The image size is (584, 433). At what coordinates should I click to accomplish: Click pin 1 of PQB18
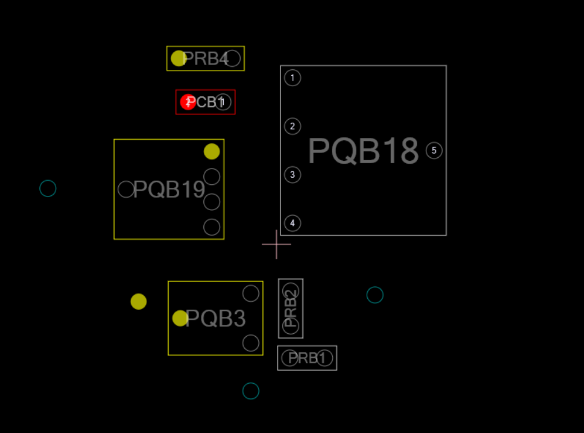292,78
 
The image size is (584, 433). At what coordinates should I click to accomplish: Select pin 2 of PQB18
292,126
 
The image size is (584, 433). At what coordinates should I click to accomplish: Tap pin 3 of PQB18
292,174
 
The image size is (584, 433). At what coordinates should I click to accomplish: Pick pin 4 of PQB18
292,223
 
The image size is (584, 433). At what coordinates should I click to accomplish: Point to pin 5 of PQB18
434,151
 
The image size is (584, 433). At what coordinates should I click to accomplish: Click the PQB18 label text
363,151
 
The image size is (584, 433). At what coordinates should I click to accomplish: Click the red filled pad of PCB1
187,102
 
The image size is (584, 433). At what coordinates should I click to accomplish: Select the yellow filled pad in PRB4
179,59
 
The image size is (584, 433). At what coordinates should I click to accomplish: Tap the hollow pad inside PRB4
233,59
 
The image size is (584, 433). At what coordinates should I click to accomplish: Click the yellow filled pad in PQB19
212,151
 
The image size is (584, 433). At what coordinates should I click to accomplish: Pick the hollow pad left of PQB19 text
126,189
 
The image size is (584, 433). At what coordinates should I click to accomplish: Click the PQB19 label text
169,190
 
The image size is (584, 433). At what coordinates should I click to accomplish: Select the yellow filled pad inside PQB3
180,318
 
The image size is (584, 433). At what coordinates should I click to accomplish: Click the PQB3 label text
216,319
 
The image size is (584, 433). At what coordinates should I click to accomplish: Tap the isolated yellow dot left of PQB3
139,302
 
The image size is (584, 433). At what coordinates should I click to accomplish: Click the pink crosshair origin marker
276,244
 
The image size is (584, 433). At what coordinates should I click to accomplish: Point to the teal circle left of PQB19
47,188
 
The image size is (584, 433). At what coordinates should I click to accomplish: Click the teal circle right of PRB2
375,295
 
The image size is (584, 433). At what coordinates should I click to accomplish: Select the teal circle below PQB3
251,391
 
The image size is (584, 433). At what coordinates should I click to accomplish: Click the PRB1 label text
308,358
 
